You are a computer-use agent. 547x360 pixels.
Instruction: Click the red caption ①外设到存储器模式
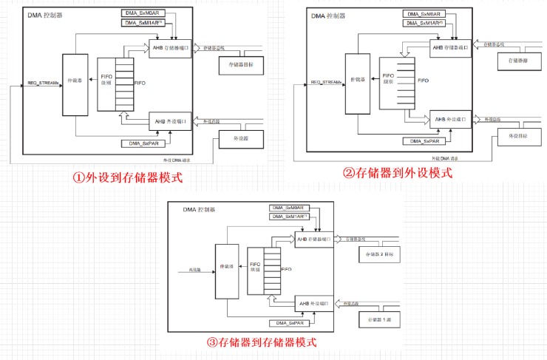(x=126, y=177)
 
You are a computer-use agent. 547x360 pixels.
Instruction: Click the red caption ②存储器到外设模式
(x=397, y=172)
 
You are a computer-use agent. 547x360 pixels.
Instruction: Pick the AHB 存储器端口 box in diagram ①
(x=171, y=48)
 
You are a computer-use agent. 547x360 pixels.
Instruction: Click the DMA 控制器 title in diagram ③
(x=199, y=210)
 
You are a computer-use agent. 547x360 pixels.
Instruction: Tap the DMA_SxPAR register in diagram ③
(x=288, y=322)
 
